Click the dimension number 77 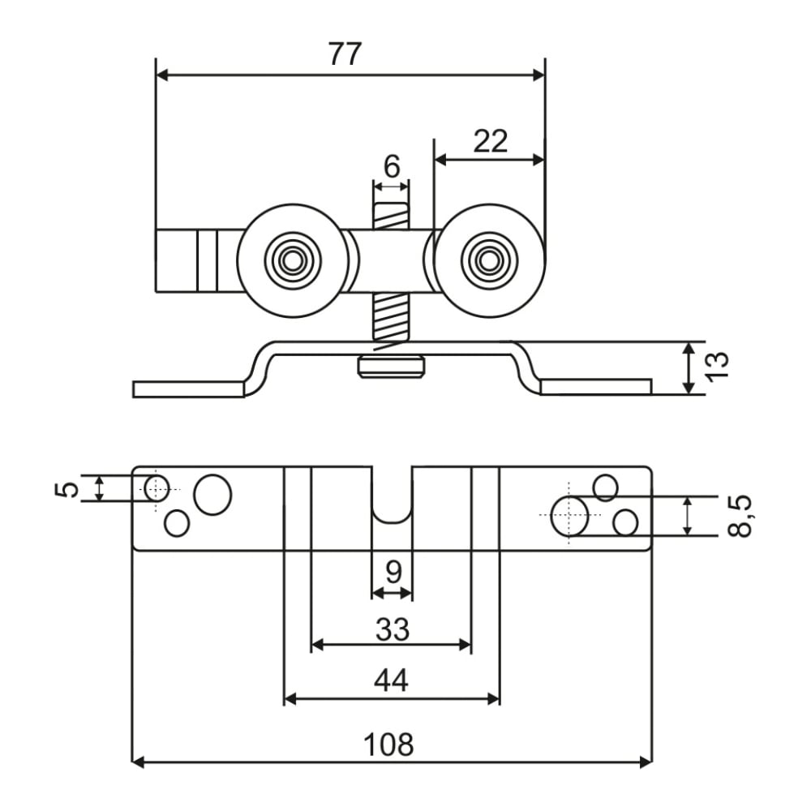click(x=345, y=54)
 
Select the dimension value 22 click(x=491, y=140)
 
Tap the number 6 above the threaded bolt click(x=392, y=166)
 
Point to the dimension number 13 click(x=718, y=367)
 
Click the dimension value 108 click(x=388, y=744)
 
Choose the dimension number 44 click(x=391, y=680)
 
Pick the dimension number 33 click(x=393, y=629)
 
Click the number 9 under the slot click(x=393, y=572)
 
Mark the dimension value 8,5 click(x=739, y=516)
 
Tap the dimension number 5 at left click(x=67, y=488)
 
